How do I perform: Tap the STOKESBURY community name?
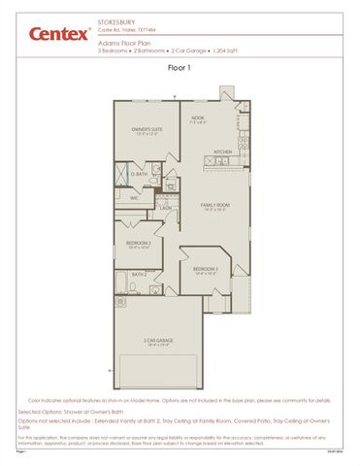click(x=116, y=18)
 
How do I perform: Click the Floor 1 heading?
click(x=180, y=69)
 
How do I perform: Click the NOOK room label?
click(x=197, y=117)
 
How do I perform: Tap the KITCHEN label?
click(x=222, y=152)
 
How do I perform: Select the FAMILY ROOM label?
click(x=214, y=204)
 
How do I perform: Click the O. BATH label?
click(x=140, y=174)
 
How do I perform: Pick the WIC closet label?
click(x=134, y=197)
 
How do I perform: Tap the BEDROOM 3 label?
click(x=205, y=268)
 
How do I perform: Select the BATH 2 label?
click(x=139, y=275)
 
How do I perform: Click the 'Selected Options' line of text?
click(x=78, y=412)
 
